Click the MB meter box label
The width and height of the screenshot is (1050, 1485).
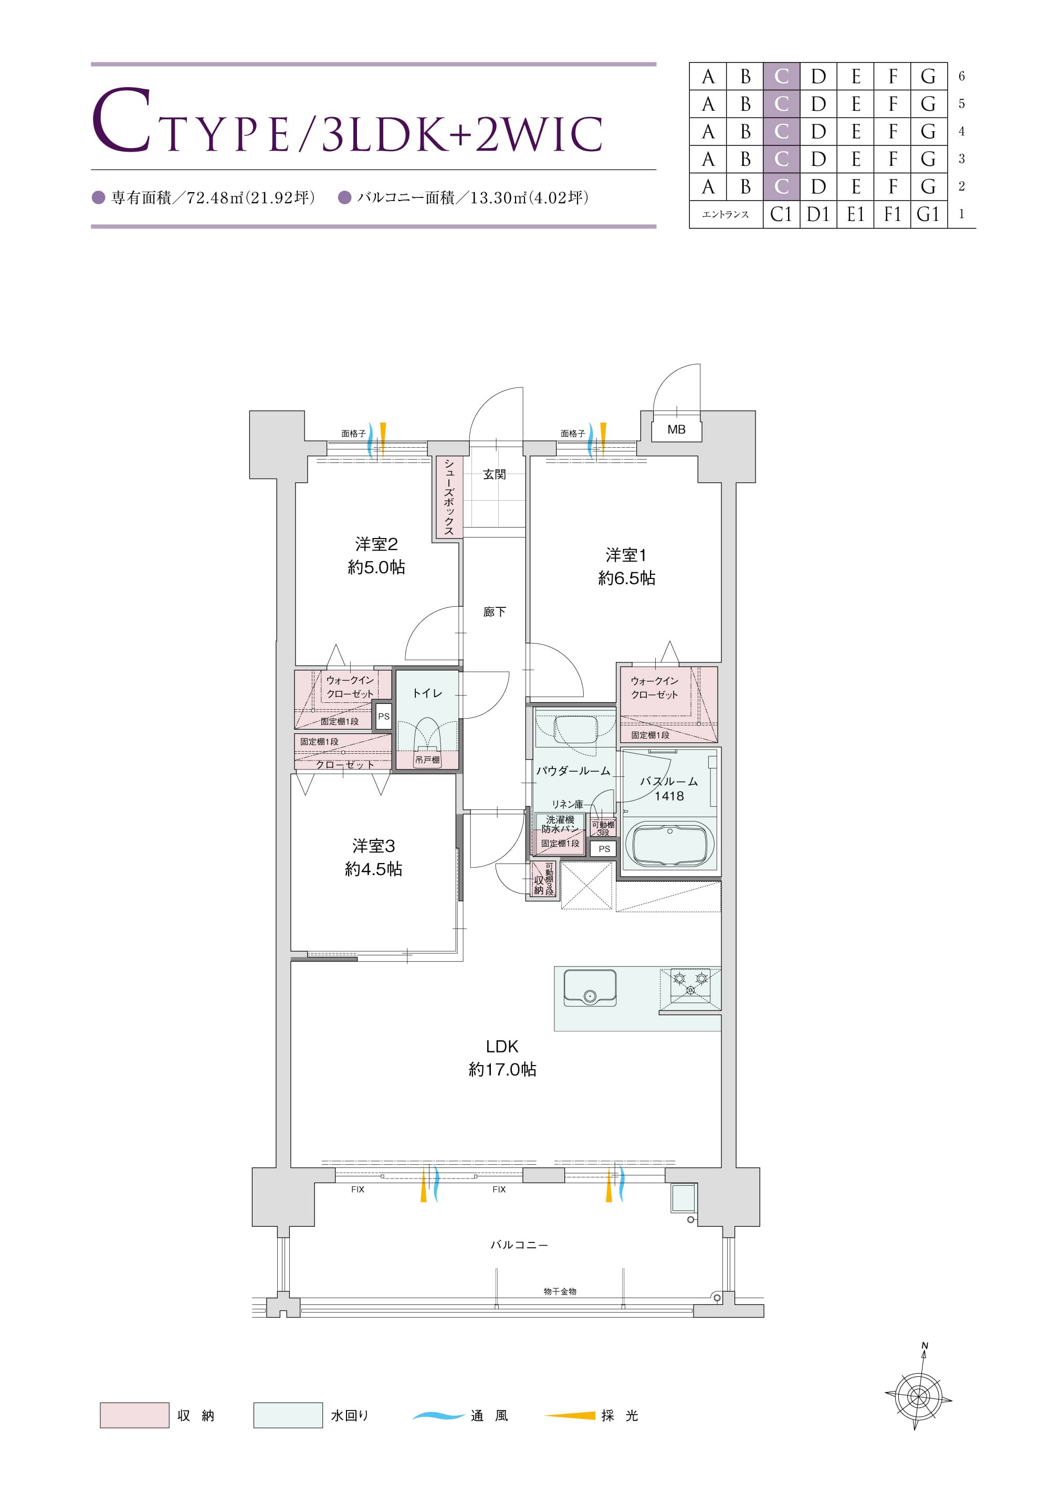click(x=676, y=429)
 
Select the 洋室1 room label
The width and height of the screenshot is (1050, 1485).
click(x=626, y=554)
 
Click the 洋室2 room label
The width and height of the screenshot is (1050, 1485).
click(x=376, y=544)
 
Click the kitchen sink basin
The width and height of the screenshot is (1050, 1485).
click(x=590, y=987)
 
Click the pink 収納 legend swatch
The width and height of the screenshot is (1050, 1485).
click(x=134, y=1415)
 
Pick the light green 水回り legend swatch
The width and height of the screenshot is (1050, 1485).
click(x=288, y=1415)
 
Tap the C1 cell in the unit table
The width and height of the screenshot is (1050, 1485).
click(x=782, y=214)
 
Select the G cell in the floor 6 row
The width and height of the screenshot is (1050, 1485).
click(x=928, y=76)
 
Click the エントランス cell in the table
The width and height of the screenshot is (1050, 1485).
click(x=726, y=214)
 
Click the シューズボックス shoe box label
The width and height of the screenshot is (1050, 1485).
click(x=448, y=497)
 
